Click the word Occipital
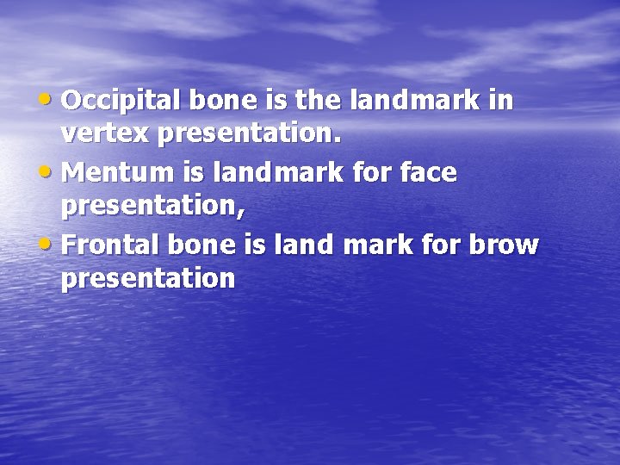(x=120, y=102)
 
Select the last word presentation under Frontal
(x=147, y=279)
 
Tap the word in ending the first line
(x=500, y=102)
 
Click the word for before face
(x=372, y=173)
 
